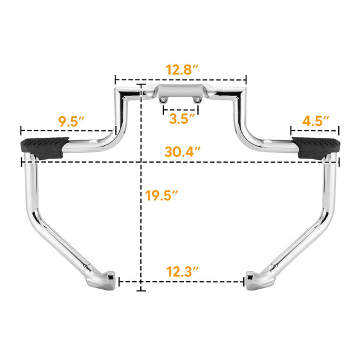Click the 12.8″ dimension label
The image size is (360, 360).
181,69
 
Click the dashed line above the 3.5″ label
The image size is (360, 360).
180,106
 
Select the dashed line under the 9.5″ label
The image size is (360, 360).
68,132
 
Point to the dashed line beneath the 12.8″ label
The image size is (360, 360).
181,80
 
